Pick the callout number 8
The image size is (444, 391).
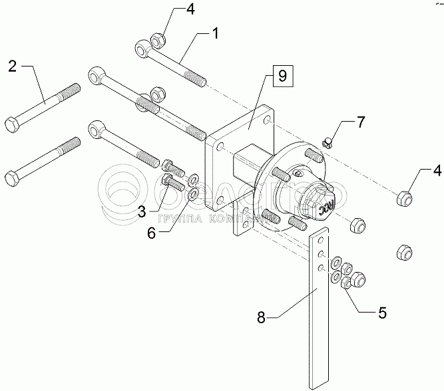click(x=262, y=318)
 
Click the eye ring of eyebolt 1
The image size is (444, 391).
click(x=144, y=48)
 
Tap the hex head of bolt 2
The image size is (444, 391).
click(x=13, y=124)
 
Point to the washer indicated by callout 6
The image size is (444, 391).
click(x=193, y=194)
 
